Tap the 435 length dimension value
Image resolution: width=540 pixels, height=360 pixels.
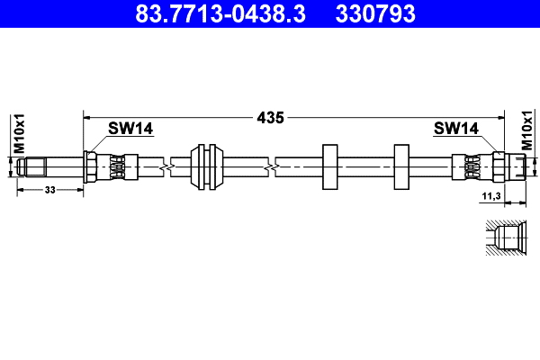tap(270, 117)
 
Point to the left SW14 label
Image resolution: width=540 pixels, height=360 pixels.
tap(130, 129)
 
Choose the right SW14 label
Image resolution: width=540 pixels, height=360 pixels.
tap(455, 129)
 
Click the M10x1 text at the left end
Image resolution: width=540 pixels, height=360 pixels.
tap(17, 135)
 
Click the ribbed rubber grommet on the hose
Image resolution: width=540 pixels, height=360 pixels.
tap(209, 166)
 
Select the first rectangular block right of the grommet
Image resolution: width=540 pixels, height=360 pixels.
tap(329, 166)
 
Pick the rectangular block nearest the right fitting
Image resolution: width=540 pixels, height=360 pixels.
tap(401, 166)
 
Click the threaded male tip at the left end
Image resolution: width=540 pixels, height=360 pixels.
tap(31, 166)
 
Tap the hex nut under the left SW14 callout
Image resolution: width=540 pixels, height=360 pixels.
tap(90, 166)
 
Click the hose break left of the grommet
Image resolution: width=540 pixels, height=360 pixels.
tap(163, 166)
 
